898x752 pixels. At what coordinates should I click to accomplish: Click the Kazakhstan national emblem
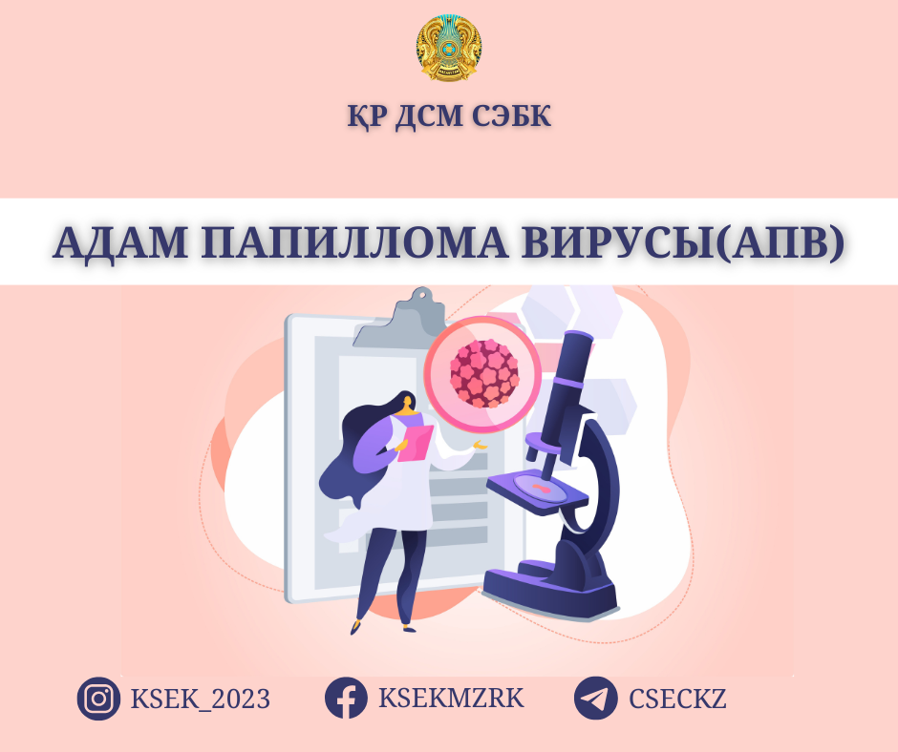(449, 49)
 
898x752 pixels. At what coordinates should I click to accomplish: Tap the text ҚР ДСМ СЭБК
(449, 116)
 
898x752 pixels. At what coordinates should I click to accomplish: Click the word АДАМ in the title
(119, 242)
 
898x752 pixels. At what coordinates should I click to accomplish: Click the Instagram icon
(98, 699)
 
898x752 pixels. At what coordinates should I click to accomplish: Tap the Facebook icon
(346, 699)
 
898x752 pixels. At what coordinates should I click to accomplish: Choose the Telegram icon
(595, 699)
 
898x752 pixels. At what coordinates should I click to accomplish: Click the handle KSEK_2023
(201, 700)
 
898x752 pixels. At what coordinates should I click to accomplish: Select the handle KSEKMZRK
(451, 699)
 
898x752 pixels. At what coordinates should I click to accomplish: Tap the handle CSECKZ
(677, 699)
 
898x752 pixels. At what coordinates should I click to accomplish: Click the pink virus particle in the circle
(484, 374)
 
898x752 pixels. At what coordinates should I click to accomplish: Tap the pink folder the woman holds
(414, 444)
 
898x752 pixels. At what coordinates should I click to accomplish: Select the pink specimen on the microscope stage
(540, 488)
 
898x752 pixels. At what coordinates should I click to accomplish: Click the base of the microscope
(551, 590)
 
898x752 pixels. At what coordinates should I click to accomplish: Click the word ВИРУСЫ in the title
(617, 242)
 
